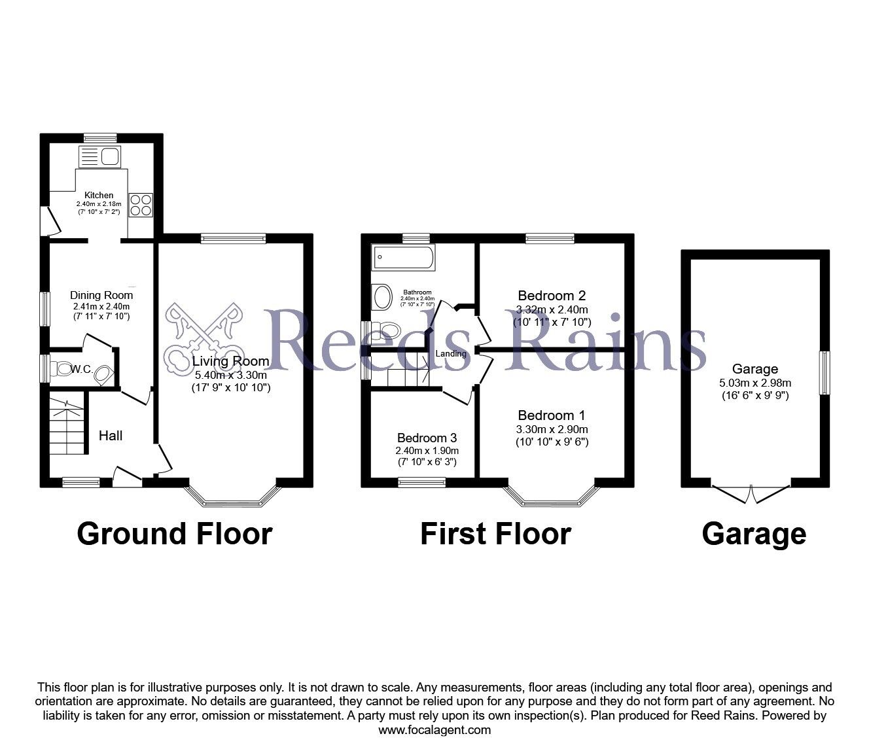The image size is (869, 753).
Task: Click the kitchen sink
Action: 98,156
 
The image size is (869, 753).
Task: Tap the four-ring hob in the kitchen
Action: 140,204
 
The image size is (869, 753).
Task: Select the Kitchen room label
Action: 99,195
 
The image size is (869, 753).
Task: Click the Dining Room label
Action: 101,295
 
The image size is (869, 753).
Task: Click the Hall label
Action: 111,435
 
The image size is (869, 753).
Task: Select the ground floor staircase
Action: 68,425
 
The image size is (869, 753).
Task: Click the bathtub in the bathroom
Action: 402,258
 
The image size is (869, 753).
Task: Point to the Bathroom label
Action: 417,292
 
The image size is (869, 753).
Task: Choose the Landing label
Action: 452,354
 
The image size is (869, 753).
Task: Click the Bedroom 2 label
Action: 552,295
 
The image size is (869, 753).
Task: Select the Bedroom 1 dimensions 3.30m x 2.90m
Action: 552,430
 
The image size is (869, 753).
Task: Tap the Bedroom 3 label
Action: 427,438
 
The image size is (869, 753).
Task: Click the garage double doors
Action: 751,493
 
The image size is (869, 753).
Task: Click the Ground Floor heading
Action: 174,534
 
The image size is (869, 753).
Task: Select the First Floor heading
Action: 495,534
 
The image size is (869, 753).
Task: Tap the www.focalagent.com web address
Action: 434,730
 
